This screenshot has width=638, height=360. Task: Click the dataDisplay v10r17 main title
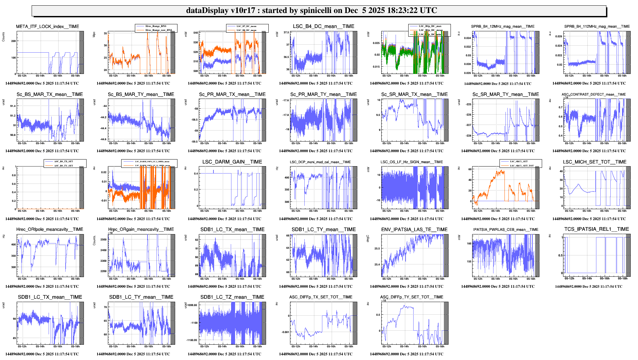pos(311,10)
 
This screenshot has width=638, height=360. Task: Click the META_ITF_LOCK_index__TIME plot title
pos(48,27)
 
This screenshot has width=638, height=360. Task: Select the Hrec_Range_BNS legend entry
pos(156,26)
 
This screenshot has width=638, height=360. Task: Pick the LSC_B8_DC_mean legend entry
pos(246,30)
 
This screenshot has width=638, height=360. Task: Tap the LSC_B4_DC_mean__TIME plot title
pos(323,26)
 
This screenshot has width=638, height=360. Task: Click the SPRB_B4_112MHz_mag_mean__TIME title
pos(597,27)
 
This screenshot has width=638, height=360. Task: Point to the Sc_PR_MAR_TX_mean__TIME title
pos(232,95)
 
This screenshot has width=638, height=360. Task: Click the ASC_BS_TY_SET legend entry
pos(64,166)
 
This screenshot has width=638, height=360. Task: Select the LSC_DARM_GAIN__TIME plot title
pos(232,162)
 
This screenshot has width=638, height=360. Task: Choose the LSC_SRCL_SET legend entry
pos(519,162)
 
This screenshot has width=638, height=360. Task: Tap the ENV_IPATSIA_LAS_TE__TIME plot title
pos(414,229)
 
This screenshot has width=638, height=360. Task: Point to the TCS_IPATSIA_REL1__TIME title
pos(596,229)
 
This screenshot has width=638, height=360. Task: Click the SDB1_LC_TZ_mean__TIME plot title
pos(232,297)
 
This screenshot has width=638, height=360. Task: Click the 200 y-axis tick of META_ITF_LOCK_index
pos(14,41)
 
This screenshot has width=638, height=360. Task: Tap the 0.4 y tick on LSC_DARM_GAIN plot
pos(196,174)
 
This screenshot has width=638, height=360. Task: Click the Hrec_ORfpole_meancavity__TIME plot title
pos(50,229)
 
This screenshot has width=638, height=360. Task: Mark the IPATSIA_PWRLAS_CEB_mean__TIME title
pos(505,229)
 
